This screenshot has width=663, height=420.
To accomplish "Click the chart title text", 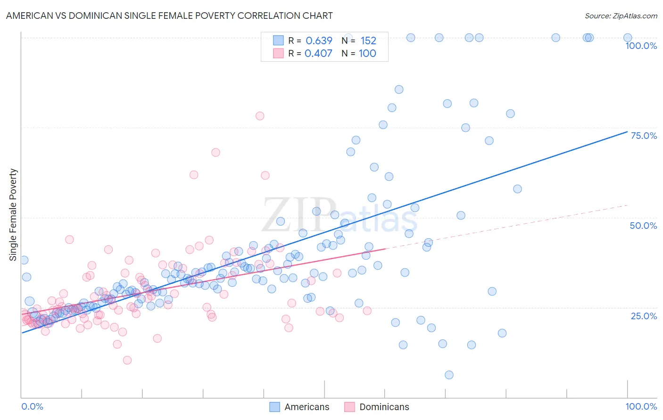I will point(169,16).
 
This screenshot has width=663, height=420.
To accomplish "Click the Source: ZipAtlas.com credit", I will point(621,16).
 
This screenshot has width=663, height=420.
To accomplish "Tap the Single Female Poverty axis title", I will point(13,215).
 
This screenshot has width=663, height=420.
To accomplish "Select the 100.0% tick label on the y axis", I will point(641,46).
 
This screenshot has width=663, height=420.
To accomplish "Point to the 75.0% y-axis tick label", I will point(644,136).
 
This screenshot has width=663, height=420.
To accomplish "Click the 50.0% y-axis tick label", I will point(643,226).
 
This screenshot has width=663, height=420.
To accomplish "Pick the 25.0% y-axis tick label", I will point(644,315).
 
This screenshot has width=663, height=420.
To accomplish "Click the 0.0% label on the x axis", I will point(32,406).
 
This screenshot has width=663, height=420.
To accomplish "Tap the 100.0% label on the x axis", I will point(641,406).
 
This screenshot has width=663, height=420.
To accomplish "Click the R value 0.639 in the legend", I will point(319,41).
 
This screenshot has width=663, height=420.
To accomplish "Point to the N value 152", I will point(368,41).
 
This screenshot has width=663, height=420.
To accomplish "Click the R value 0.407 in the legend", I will point(318,53).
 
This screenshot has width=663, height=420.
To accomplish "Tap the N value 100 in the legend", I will point(367,53).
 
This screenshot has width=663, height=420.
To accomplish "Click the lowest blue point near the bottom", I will point(449,375).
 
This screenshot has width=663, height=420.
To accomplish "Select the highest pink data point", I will point(260,116).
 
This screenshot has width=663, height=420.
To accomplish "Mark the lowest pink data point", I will point(127,360).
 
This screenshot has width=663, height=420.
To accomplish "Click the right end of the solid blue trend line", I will point(627,131).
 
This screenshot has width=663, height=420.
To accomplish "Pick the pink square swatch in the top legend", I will point(278,53).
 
